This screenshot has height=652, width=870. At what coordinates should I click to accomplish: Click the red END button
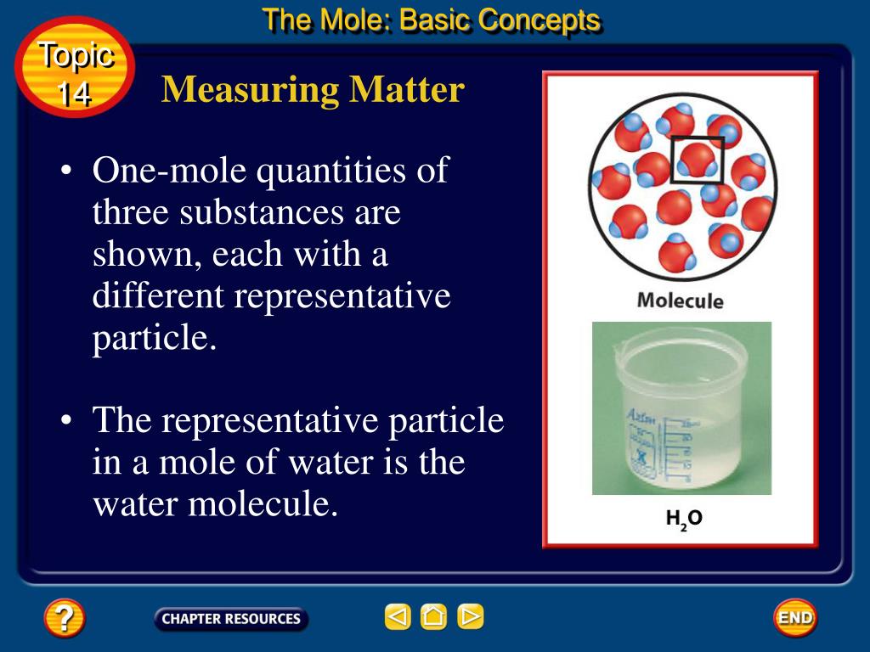pos(794,617)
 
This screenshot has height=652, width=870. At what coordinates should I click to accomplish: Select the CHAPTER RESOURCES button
pos(231,619)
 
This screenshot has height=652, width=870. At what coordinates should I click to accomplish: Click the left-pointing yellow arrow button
pos(397,616)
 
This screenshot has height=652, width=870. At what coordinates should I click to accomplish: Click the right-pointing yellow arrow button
pos(470,616)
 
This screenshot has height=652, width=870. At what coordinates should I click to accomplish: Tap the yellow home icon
pos(433,616)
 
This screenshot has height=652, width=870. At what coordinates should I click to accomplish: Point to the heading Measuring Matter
pos(313,89)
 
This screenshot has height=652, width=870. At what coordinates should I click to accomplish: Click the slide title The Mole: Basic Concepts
pos(432,20)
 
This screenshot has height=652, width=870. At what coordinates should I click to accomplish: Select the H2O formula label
pos(683,520)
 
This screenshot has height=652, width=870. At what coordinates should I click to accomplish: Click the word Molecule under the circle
pos(680,301)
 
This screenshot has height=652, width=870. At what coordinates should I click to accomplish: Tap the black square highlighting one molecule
pos(698,160)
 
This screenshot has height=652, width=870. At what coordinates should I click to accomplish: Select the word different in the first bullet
pos(158,296)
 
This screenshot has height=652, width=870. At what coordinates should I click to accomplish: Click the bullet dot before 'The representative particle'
pos(66,422)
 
